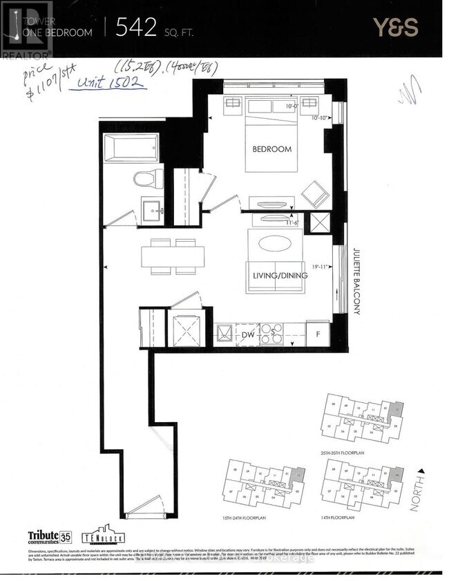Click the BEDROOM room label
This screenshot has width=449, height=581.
click(271, 149)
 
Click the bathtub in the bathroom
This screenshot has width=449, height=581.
click(131, 148)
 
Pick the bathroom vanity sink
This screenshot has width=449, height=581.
click(151, 208)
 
